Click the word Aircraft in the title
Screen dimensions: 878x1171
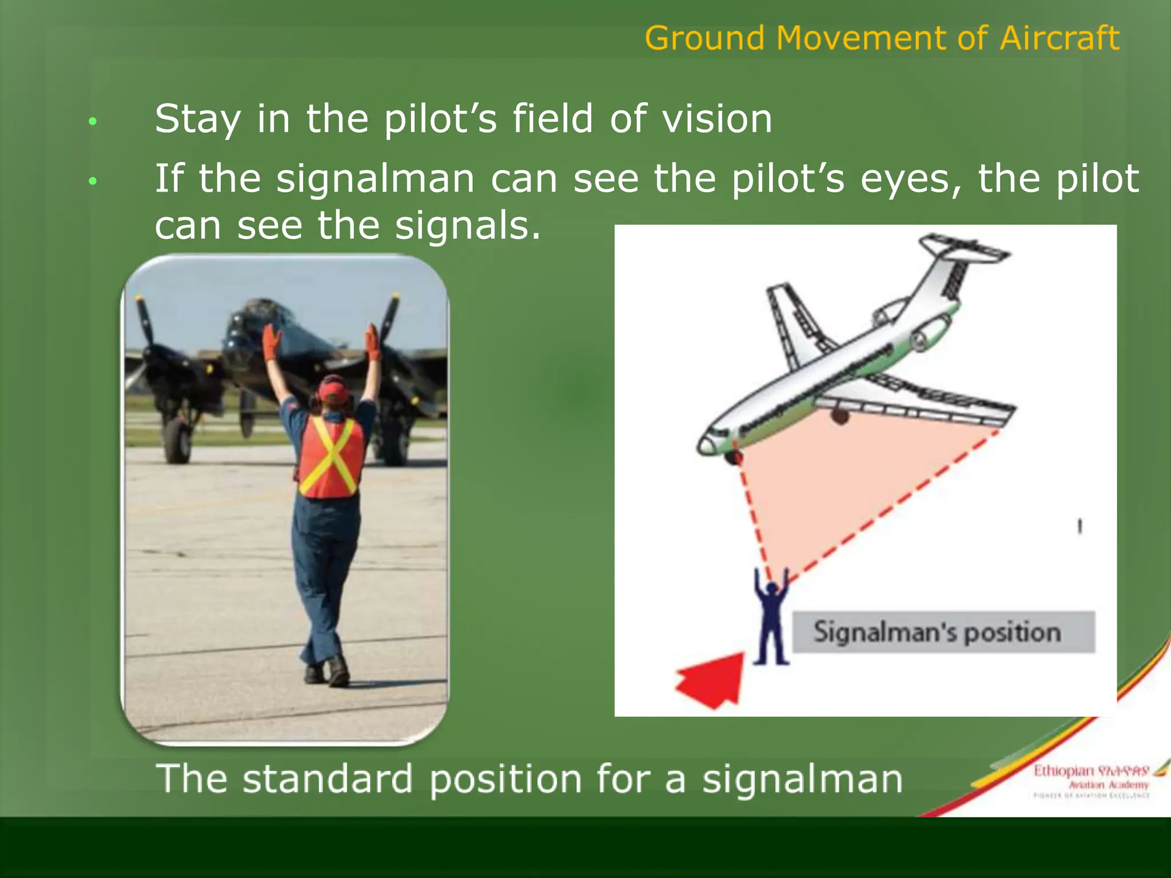coord(1059,38)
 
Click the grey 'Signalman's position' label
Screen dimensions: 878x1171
coord(943,632)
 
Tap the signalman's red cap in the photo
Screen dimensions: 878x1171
coord(333,390)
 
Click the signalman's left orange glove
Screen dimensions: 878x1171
coord(271,341)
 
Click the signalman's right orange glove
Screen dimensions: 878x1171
coord(373,341)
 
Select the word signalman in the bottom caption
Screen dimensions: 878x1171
coord(802,780)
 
